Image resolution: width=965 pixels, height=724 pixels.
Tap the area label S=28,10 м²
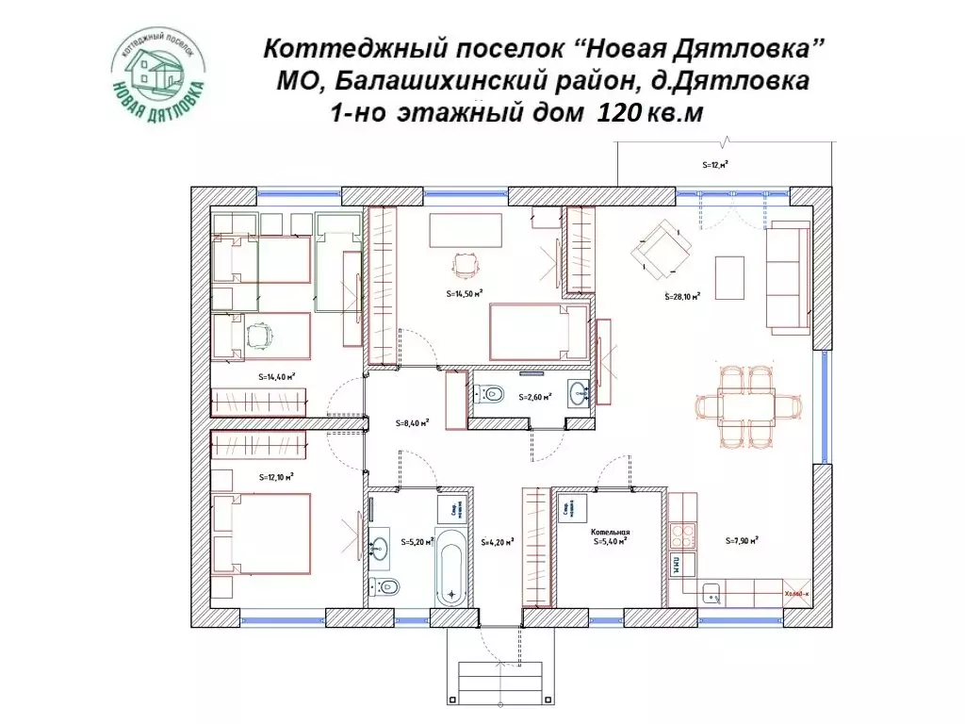pos(682,296)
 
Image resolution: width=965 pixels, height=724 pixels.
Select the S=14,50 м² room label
pos(465,293)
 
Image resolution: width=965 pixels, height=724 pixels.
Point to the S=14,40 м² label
pos(277,376)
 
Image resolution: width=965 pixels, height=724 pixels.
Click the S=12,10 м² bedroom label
pos(276,477)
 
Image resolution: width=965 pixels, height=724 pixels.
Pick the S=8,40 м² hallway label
pos(413,423)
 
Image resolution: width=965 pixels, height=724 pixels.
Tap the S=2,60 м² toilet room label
pos(533,397)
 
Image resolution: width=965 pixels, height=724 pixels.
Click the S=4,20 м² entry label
pos(497,542)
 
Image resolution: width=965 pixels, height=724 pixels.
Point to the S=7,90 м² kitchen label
pos(743,541)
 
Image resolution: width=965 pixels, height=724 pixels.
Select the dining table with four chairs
pos(748,405)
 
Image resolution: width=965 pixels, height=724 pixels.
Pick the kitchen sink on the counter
pos(711,593)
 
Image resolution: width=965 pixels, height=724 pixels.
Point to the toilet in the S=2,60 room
pos(495,395)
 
